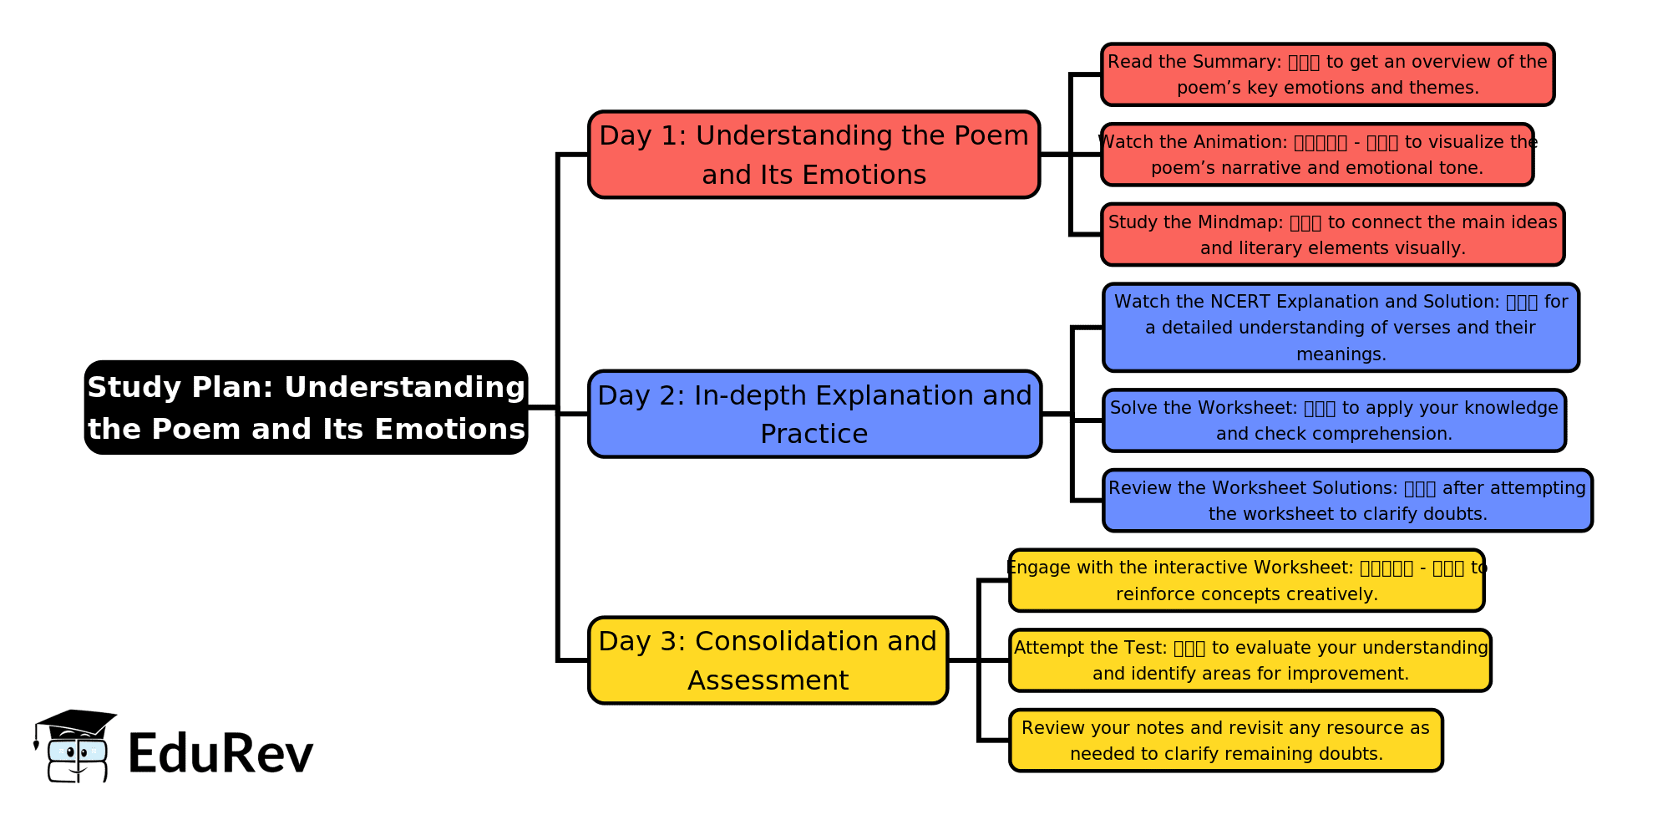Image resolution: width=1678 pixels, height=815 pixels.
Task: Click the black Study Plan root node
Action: pos(306,407)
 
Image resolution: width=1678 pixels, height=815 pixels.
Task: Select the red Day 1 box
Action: pos(814,155)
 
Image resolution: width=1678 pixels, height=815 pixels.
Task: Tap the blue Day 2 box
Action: pos(814,414)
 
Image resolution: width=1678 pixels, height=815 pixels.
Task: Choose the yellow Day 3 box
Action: pos(768,660)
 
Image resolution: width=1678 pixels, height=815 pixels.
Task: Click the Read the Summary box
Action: pos(1327,74)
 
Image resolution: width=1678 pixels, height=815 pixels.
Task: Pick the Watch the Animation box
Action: pos(1317,155)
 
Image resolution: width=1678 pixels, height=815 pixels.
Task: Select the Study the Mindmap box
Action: pos(1332,235)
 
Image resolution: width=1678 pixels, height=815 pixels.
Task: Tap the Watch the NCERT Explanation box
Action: pos(1341,328)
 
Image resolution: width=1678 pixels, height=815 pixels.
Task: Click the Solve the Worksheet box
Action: pos(1334,420)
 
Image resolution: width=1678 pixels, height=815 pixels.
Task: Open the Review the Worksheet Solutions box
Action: pos(1347,501)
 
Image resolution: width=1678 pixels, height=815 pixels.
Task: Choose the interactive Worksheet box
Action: pos(1246,580)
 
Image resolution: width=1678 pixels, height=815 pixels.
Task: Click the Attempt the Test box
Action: pos(1250,660)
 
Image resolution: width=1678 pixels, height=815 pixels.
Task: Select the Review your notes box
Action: pos(1225,741)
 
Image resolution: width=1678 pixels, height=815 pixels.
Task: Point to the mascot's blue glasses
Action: pos(77,751)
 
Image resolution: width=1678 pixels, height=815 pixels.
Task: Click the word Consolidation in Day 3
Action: pos(788,641)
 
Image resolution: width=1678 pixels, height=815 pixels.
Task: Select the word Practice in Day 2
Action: pos(814,434)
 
